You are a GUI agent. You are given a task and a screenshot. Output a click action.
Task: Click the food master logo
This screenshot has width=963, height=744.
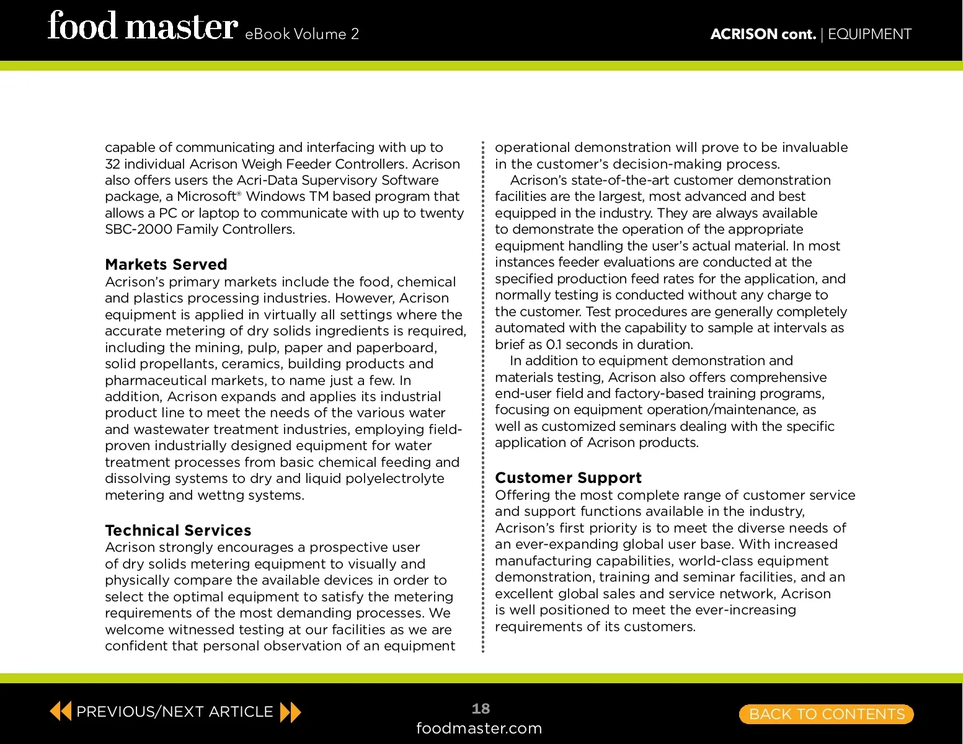(142, 27)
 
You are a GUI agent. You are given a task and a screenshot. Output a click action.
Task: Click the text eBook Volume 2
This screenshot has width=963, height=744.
(302, 34)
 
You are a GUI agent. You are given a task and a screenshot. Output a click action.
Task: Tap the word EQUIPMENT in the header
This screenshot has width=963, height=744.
(869, 34)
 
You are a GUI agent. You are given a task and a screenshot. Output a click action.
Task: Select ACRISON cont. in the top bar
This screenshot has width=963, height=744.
(763, 34)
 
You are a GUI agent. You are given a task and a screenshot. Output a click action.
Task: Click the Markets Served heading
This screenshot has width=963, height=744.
(166, 265)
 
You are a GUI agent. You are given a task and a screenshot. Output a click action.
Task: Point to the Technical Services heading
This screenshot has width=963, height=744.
(178, 531)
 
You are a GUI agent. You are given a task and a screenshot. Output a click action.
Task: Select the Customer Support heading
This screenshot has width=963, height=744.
(568, 478)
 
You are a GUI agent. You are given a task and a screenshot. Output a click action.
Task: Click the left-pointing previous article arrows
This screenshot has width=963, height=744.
(60, 711)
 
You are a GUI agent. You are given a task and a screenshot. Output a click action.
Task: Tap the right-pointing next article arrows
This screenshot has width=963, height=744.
(290, 712)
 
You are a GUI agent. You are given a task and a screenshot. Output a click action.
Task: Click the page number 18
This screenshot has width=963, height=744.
(481, 709)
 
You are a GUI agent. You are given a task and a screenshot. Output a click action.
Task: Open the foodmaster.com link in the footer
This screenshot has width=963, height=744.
(479, 728)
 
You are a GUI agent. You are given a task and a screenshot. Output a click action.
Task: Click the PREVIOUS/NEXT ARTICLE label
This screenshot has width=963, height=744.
(174, 712)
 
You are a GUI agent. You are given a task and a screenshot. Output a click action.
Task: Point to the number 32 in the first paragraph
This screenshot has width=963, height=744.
(112, 164)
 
